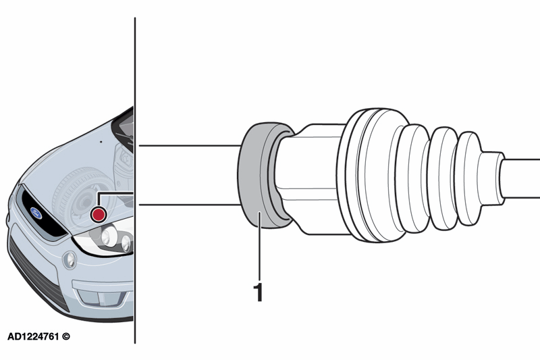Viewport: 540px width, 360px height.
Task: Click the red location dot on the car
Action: [x=99, y=214]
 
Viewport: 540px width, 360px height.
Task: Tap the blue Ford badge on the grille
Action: [x=36, y=213]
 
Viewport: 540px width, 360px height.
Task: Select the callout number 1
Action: [x=258, y=292]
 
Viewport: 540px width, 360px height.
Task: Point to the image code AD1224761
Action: [x=33, y=336]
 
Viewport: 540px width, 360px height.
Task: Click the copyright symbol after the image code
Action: [x=65, y=336]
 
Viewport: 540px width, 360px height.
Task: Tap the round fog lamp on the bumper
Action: [x=70, y=260]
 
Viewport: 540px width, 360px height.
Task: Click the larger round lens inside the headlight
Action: [x=109, y=236]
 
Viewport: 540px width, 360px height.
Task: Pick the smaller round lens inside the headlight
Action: [x=126, y=243]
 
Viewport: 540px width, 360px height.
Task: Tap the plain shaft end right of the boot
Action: [x=520, y=178]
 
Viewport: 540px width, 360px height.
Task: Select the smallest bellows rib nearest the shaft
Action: [x=468, y=178]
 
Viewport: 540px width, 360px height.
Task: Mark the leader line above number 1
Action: [x=259, y=246]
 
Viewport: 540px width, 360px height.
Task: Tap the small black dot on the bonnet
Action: [x=101, y=142]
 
